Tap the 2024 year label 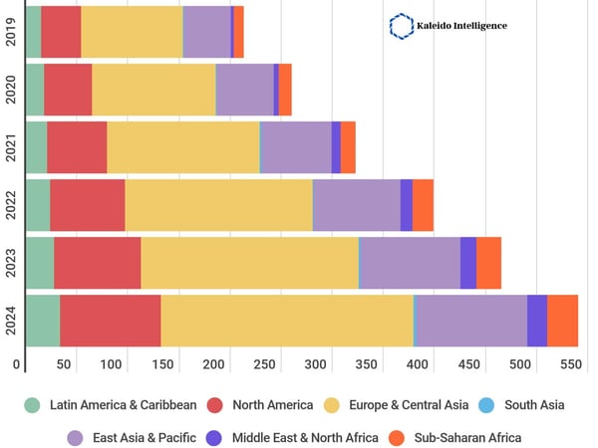pos(9,321)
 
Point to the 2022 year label pos(9,205)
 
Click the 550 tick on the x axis pos(569,364)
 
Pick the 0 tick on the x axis pos(16,364)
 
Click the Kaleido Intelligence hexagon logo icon pos(401,25)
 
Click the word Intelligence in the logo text pos(472,25)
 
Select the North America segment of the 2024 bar pos(110,321)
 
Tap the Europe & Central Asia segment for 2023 pos(249,263)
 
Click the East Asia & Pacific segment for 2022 pos(356,205)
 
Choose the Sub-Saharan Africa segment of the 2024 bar pos(562,321)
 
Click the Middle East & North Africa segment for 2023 pos(467,263)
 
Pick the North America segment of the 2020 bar pos(68,90)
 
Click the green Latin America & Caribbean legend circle pos(33,405)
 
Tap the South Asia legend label pos(534,405)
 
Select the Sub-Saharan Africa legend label pos(468,437)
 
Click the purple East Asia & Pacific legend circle pos(75,437)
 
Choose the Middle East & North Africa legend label pos(306,437)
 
